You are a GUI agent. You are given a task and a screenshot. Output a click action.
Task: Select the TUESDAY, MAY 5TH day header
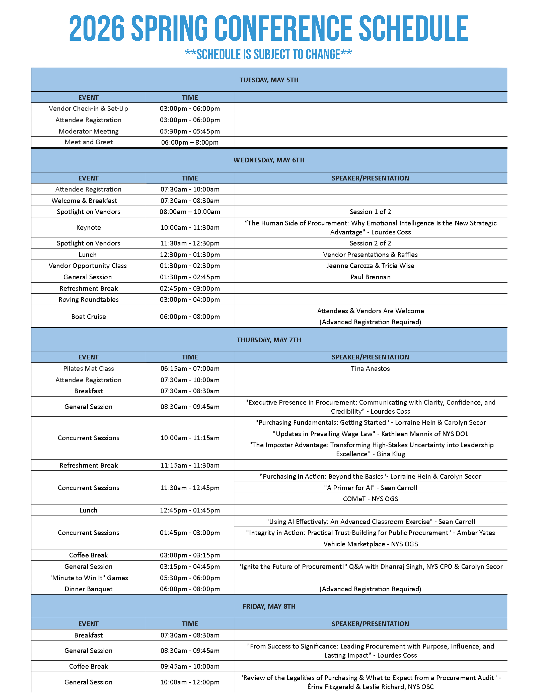(x=269, y=80)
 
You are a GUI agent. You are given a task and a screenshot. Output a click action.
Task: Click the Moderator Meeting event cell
(x=88, y=131)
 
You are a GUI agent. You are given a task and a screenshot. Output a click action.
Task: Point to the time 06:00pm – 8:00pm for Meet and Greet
(x=190, y=142)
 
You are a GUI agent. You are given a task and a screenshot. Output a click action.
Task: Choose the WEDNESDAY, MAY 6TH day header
(x=269, y=160)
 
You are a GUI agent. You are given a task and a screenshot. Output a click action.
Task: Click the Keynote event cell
(x=88, y=227)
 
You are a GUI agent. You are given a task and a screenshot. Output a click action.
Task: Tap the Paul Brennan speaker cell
(x=370, y=277)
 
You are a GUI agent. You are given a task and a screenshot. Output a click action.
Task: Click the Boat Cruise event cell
(x=88, y=316)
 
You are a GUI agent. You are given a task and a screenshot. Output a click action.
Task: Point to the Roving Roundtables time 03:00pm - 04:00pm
(x=190, y=299)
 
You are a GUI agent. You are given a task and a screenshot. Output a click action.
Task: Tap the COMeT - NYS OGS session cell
(x=370, y=499)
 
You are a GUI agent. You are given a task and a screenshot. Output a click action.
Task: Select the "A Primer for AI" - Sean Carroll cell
(x=370, y=488)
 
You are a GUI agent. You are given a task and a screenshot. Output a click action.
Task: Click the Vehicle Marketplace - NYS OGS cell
(x=370, y=544)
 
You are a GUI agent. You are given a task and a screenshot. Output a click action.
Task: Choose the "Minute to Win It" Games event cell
(x=88, y=578)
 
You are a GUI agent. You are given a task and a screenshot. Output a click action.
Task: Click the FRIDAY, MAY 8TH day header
(x=269, y=606)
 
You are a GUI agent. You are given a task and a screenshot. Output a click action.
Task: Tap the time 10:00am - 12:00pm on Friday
(x=190, y=682)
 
